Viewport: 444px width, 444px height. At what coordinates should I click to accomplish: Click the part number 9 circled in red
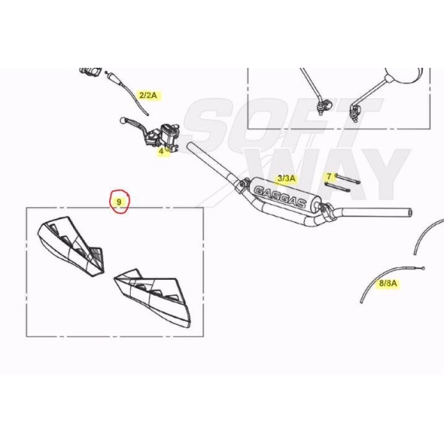tap(119, 202)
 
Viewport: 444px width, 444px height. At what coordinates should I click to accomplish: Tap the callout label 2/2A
tap(148, 95)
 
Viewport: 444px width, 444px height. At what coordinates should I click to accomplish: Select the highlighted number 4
tap(161, 151)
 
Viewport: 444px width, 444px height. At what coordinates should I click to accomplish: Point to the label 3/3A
tap(287, 178)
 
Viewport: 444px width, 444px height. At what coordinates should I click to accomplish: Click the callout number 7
tap(329, 176)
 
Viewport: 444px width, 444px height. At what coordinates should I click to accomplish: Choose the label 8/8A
tap(388, 283)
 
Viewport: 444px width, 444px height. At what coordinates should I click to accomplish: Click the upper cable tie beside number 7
tap(347, 178)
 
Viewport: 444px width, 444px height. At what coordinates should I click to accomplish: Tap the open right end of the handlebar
tap(410, 212)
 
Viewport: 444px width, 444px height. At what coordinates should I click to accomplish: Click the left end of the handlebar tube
tap(189, 146)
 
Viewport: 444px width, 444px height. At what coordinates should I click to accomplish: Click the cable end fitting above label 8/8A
tap(423, 269)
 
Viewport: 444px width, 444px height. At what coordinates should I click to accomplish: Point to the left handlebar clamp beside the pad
tap(242, 185)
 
